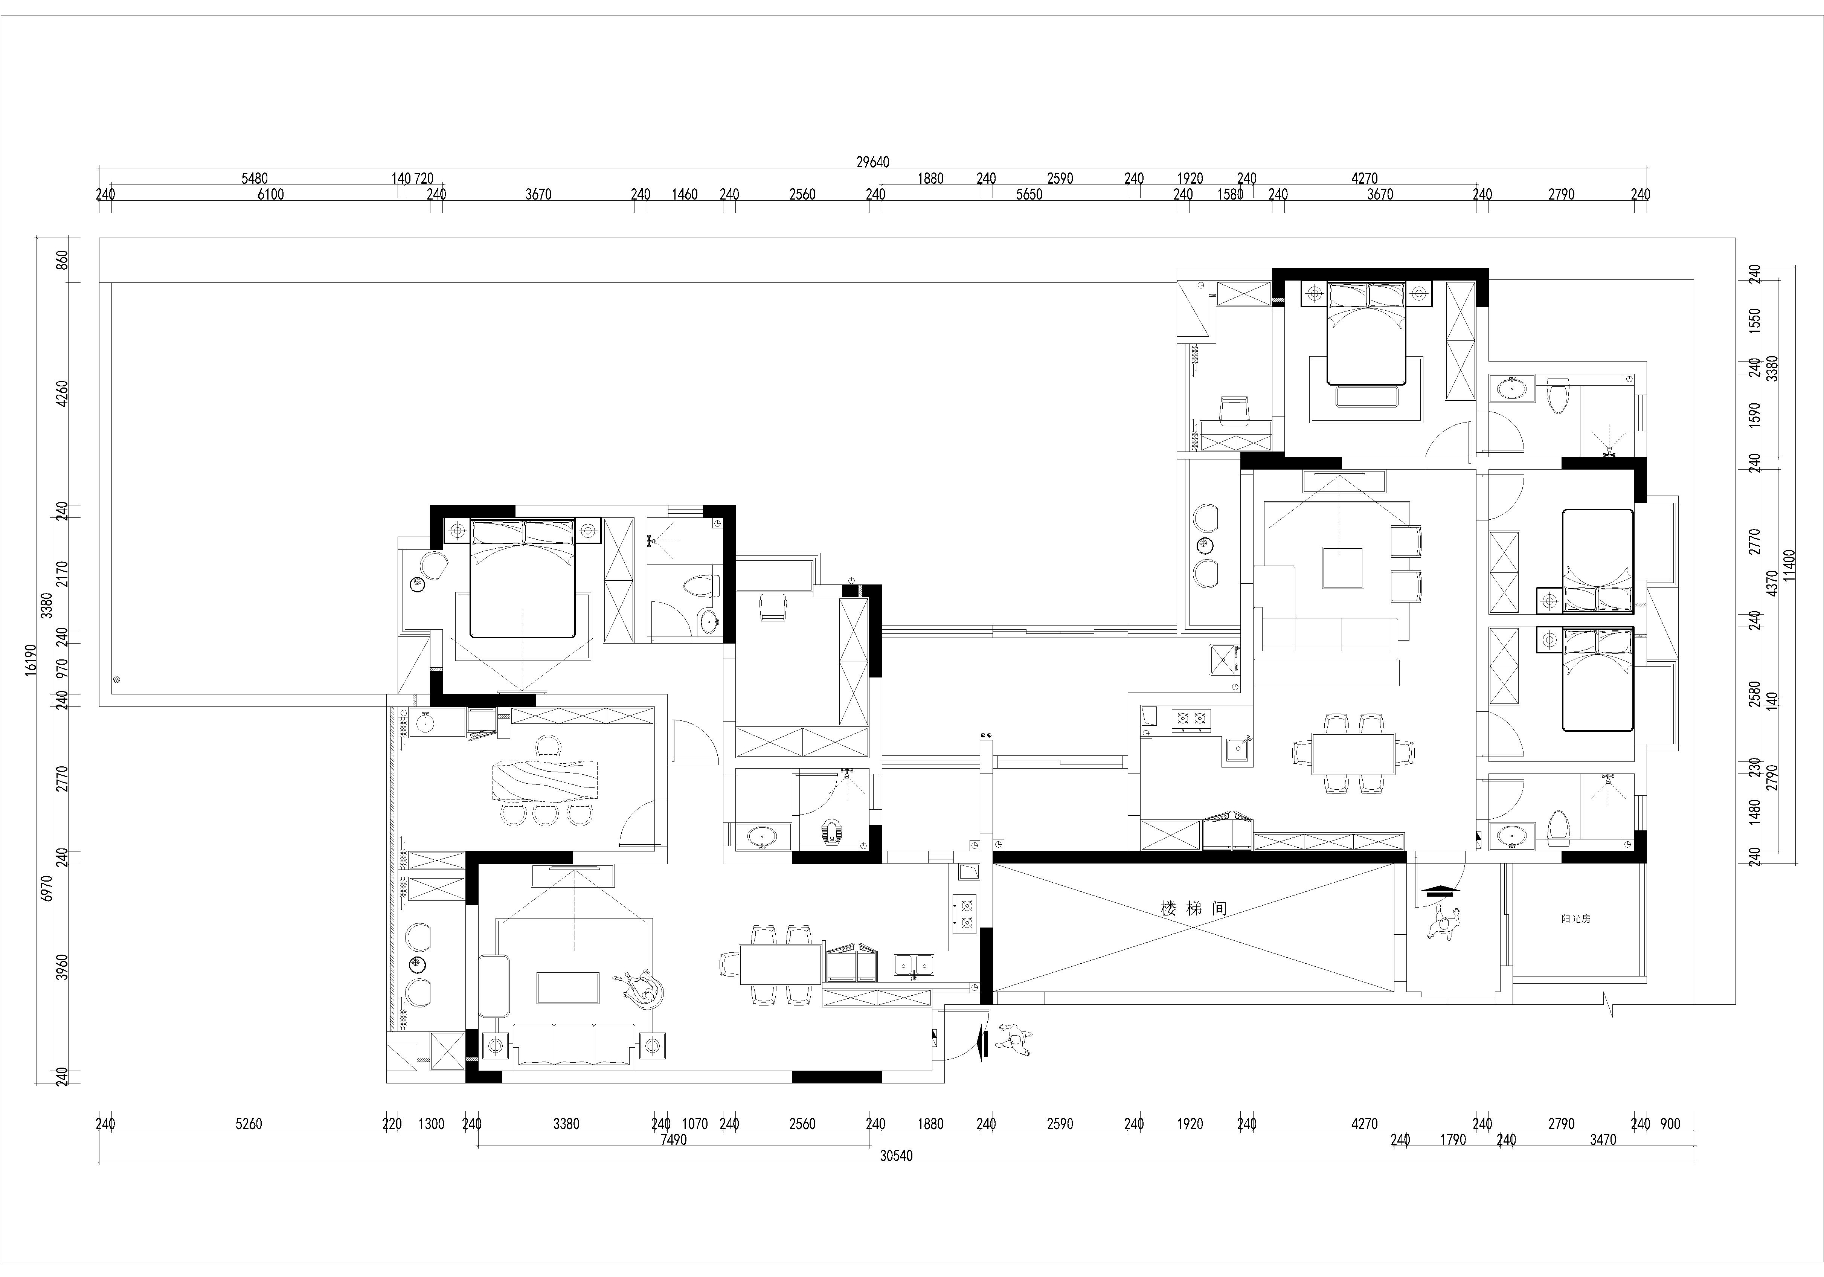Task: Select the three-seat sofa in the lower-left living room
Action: pyautogui.click(x=574, y=1044)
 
